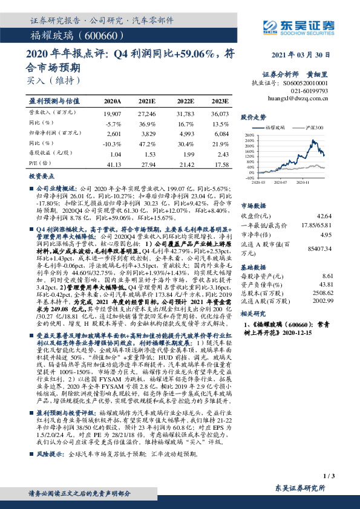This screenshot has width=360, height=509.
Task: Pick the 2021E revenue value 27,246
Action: coord(147,114)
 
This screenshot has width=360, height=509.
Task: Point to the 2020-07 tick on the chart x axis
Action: coord(280,181)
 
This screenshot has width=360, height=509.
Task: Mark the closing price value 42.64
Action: coord(325,216)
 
